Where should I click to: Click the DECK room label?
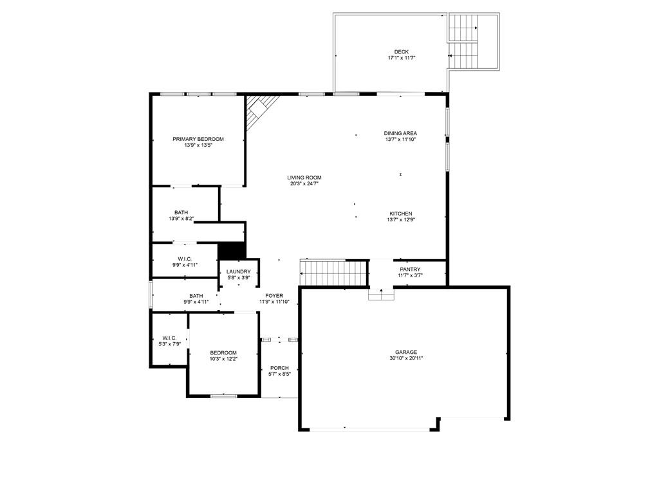[402, 51]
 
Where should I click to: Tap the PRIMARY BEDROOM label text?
[198, 139]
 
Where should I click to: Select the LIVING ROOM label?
[304, 178]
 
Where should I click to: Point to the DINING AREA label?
[400, 133]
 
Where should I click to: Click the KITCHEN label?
[400, 214]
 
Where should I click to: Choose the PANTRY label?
[410, 270]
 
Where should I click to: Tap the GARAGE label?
[406, 352]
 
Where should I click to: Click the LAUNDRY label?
[239, 272]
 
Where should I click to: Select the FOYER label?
[274, 296]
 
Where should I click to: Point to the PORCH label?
[279, 368]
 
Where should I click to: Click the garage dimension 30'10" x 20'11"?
[406, 358]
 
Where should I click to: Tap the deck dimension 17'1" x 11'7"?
[402, 58]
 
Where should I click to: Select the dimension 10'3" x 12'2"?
[223, 359]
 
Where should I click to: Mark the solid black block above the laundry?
[232, 251]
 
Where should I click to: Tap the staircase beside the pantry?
[334, 272]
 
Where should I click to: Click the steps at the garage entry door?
[381, 294]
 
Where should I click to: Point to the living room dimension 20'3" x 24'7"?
[304, 183]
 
